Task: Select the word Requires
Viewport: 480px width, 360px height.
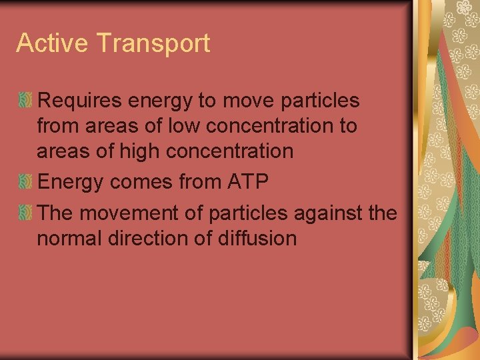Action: click(79, 101)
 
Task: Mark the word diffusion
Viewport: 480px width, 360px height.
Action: click(262, 238)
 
